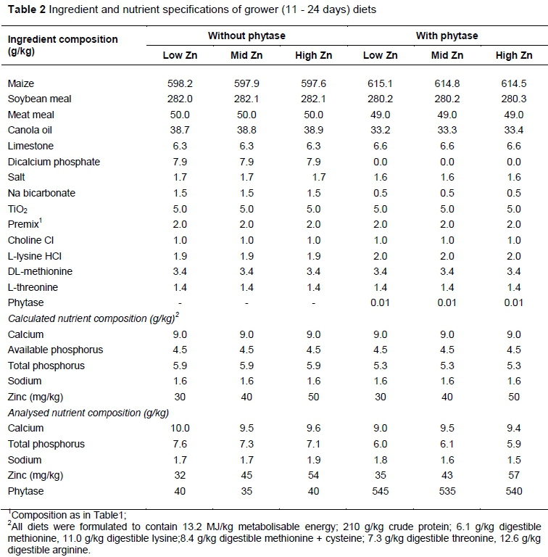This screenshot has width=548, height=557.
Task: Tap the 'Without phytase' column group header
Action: (246, 36)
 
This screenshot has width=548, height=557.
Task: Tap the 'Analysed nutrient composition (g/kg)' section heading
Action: (87, 413)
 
